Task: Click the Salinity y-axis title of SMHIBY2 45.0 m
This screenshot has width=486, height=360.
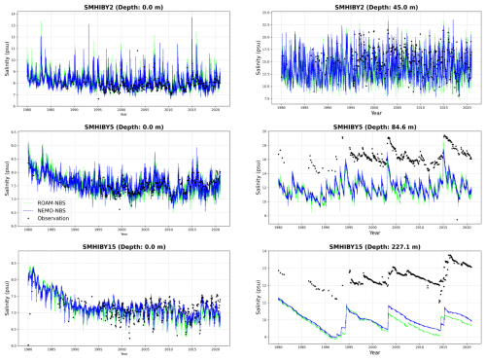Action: pos(257,59)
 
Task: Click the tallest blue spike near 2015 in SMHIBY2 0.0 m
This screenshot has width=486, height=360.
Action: pos(191,18)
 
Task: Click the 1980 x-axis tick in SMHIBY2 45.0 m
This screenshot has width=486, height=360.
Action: pos(278,108)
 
